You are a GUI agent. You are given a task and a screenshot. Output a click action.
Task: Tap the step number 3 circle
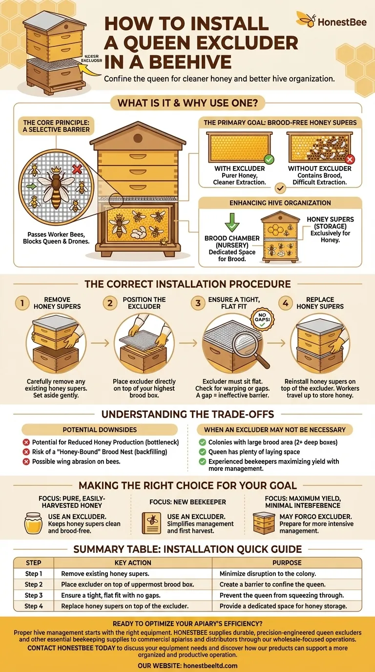coord(198,303)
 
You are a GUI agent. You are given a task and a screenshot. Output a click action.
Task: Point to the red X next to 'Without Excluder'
coord(349,160)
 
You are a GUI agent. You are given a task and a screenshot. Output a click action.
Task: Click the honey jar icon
coord(33,523)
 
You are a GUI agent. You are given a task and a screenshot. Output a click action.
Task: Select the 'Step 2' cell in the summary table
coord(34,585)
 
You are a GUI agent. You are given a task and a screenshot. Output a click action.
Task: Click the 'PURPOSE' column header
coord(287,563)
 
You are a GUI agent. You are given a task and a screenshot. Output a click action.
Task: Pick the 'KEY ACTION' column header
coord(133,563)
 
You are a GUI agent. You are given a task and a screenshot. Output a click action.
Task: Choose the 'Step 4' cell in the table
coord(34,606)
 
